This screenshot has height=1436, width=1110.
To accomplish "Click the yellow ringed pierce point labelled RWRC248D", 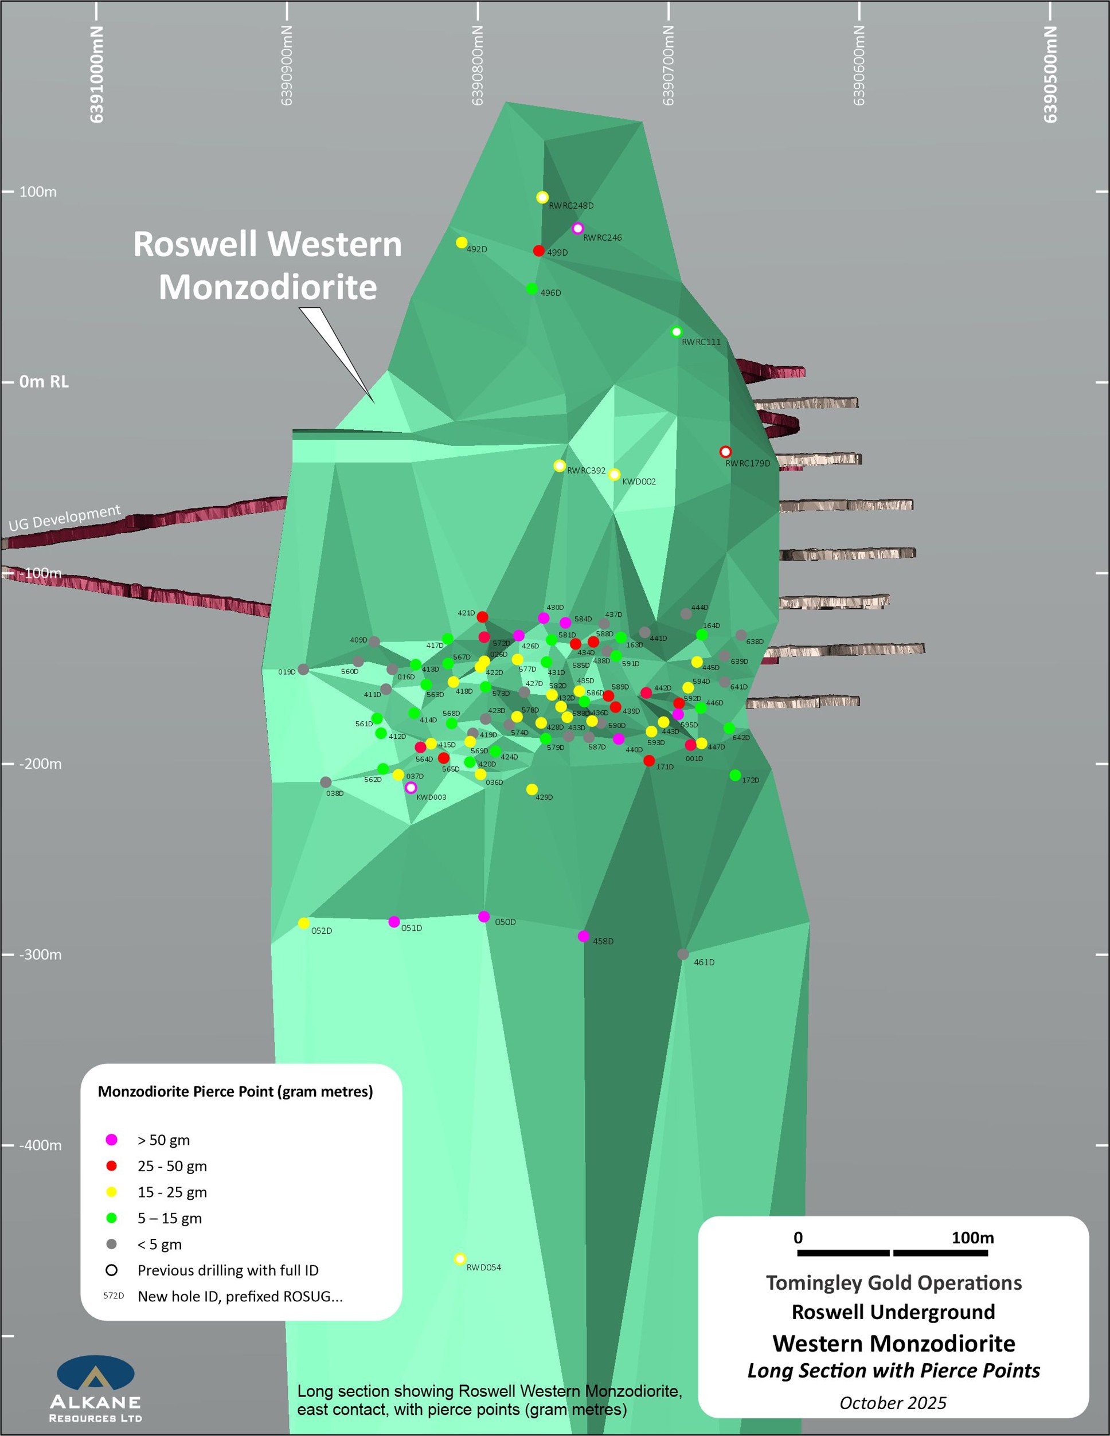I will pos(542,197).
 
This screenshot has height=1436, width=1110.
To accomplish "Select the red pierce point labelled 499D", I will pos(538,251).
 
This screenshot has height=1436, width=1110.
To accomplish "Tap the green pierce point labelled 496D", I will pos(531,289).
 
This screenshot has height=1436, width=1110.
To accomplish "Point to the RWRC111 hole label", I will pos(701,342).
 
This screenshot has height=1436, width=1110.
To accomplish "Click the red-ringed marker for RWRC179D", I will pos(725,452).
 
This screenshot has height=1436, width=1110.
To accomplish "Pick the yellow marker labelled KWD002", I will pos(614,474).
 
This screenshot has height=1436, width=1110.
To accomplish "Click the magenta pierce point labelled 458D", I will pos(583,936).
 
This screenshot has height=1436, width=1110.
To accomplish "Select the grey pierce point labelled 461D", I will pos(683,954).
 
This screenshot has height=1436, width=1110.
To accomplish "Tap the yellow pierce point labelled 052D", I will pos(303,923).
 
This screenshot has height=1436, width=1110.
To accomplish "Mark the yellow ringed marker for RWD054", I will pos(460,1258).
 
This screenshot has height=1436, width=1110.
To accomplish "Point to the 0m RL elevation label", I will pos(44,382).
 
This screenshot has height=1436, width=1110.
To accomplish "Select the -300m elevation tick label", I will pos(40,954).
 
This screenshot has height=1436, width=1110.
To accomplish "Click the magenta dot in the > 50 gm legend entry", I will pos(112,1140).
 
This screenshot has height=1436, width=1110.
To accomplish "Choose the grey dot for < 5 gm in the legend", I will pos(112,1244).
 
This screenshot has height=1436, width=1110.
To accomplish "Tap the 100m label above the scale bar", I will pos(972,1238).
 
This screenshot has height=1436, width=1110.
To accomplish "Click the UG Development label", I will pos(64,518).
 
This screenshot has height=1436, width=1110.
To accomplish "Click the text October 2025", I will pos(892,1403).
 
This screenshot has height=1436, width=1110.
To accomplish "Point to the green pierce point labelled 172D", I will pos(735,775).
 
